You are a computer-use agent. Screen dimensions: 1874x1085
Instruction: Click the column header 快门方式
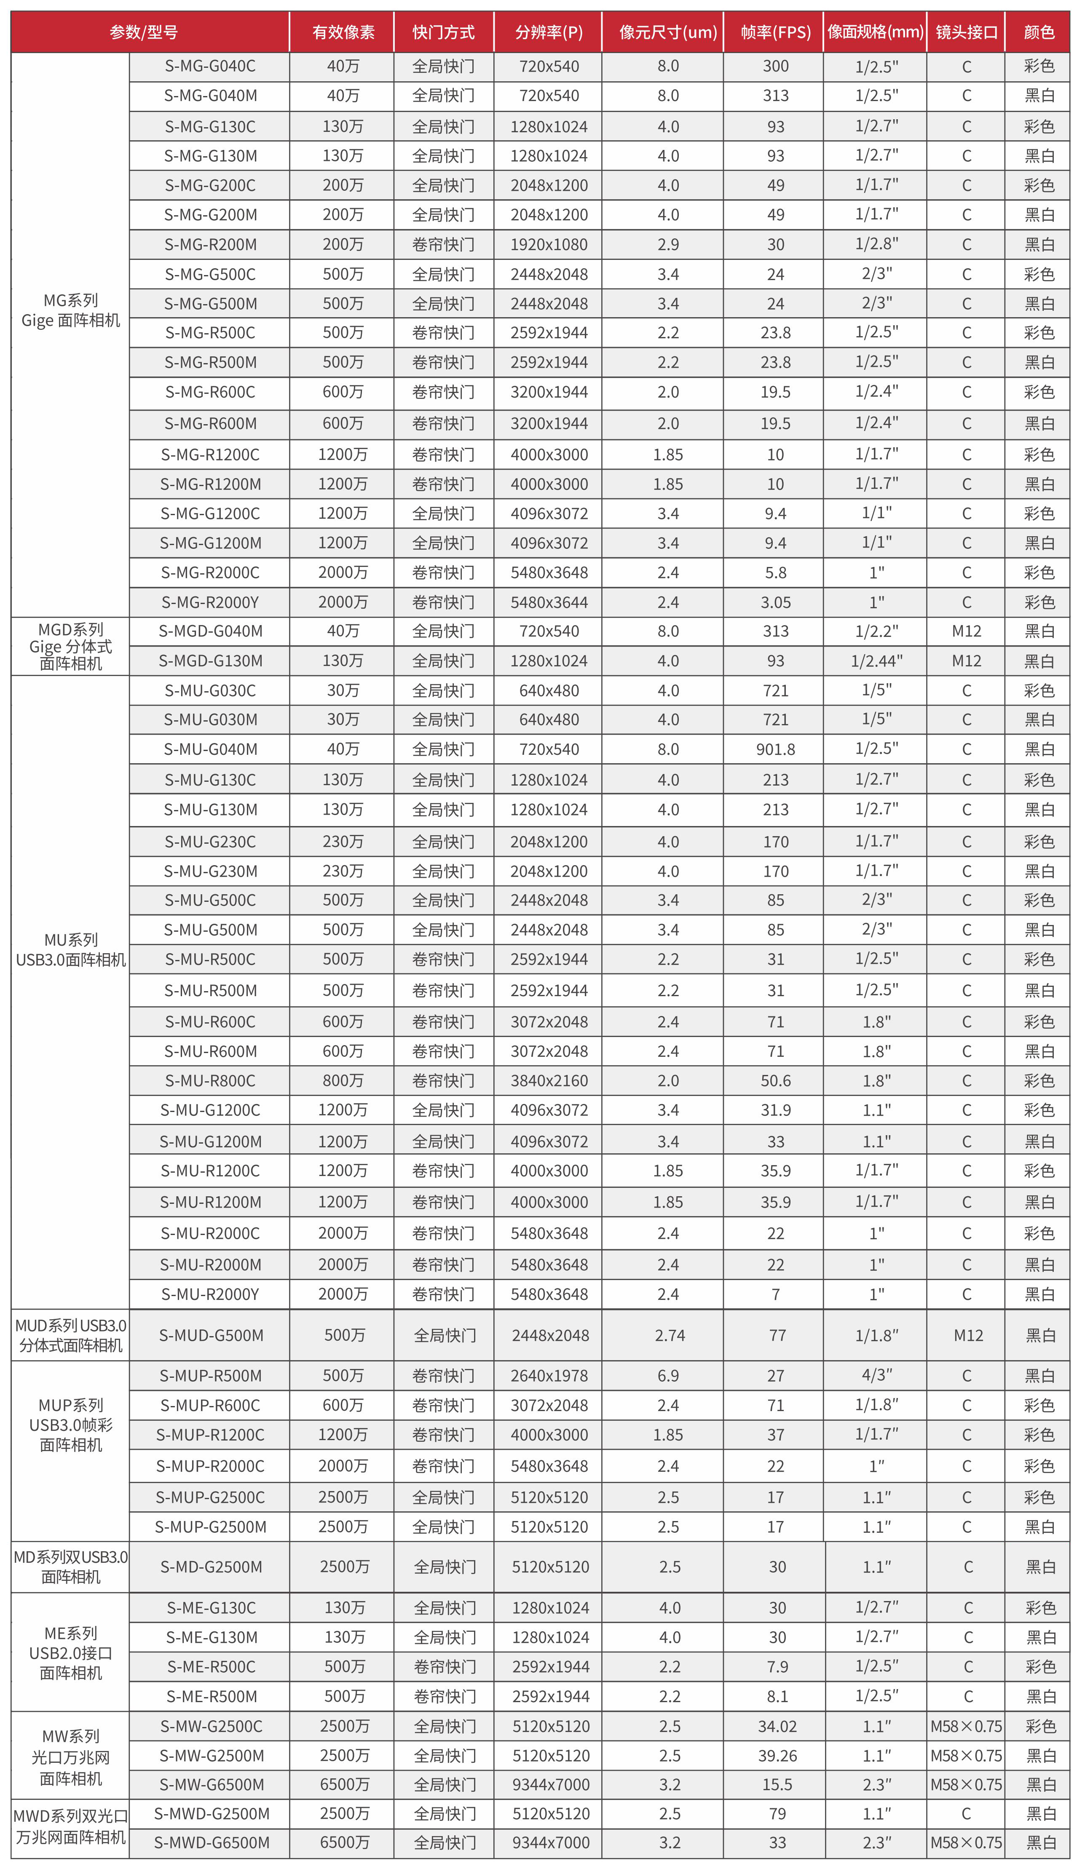click(443, 32)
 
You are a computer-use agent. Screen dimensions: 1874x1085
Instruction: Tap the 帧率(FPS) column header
click(775, 32)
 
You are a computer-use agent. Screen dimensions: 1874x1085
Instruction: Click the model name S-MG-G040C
click(210, 66)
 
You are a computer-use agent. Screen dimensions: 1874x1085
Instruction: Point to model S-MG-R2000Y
click(210, 602)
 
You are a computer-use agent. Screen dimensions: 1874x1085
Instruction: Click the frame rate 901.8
click(775, 750)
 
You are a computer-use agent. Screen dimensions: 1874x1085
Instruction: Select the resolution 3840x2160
click(549, 1080)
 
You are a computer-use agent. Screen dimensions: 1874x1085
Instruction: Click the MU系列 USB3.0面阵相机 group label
click(71, 950)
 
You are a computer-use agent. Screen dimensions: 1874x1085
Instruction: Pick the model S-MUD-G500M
click(211, 1336)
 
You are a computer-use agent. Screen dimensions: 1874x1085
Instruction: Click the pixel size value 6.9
click(668, 1376)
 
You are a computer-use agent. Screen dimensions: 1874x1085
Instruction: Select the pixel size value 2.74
click(669, 1336)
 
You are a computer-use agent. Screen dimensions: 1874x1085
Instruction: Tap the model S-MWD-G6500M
click(211, 1843)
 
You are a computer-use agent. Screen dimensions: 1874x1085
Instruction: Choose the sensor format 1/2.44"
click(877, 661)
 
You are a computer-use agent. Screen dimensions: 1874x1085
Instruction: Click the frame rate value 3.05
click(775, 602)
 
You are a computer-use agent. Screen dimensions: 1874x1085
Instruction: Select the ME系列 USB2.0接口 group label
click(71, 1653)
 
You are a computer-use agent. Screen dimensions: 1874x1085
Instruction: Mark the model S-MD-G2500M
click(211, 1567)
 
